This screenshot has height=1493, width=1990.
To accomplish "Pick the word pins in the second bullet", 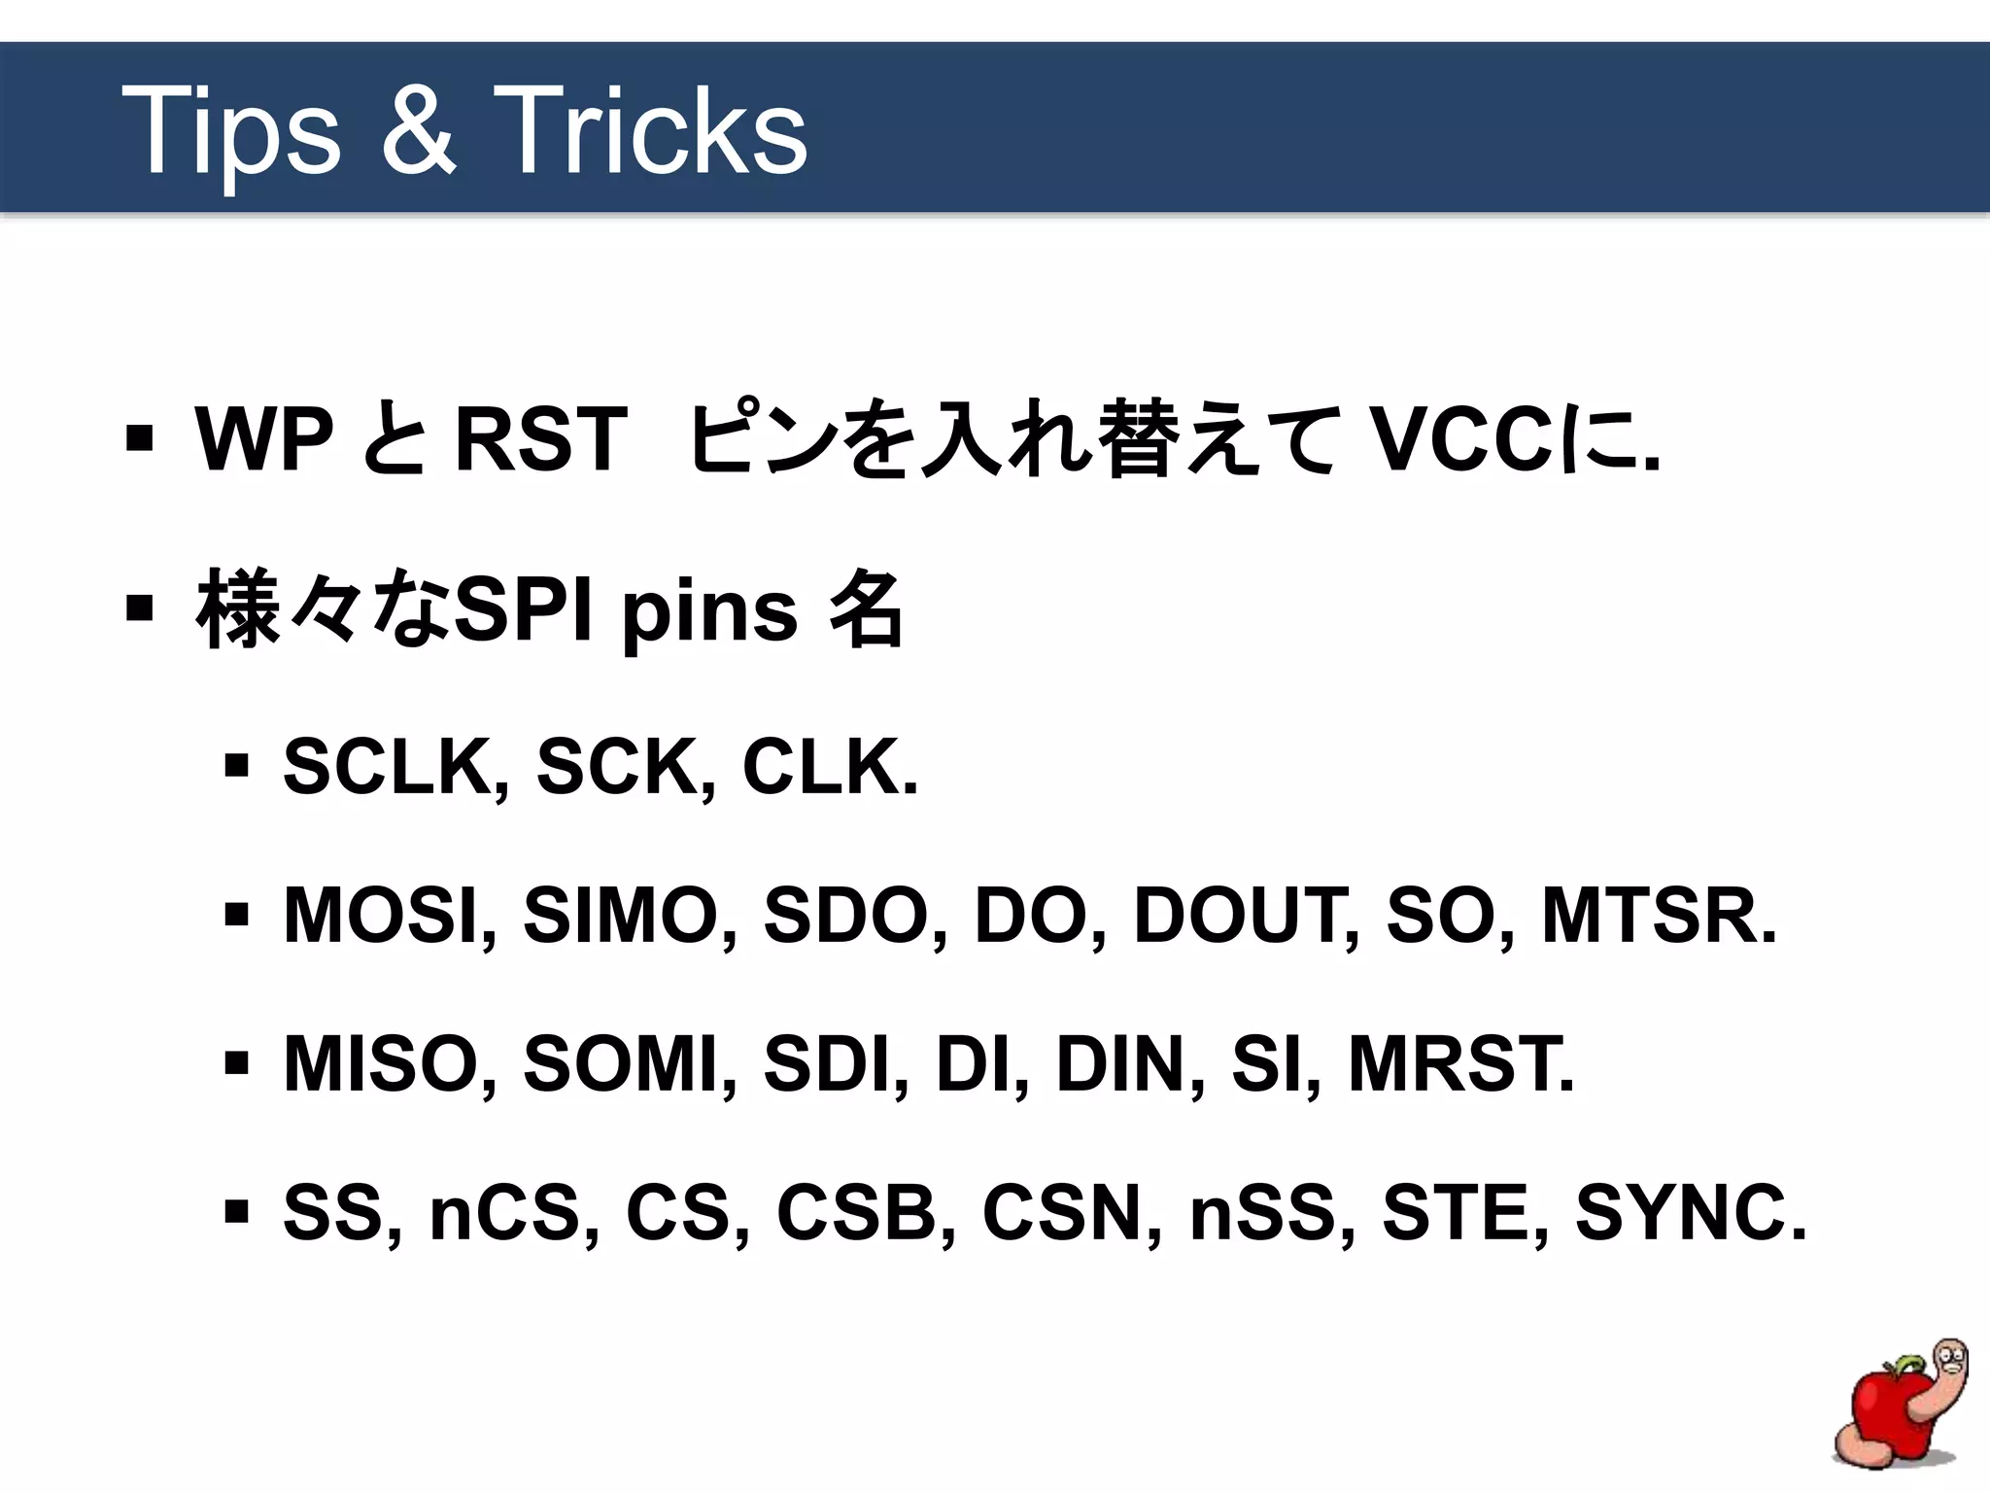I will pos(709,613).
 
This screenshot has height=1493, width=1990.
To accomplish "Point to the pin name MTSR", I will pos(1658,916).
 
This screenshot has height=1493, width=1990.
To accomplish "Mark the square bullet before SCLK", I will pos(236,767).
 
